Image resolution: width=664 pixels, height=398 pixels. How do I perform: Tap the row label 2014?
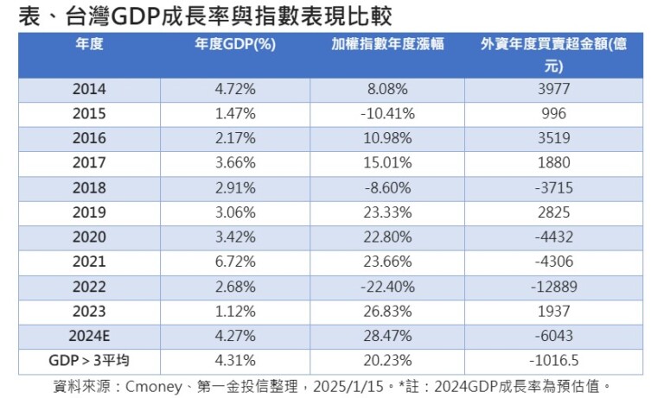(89, 89)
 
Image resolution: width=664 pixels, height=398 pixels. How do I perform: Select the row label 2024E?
(89, 336)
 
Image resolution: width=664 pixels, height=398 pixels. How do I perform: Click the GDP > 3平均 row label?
(90, 360)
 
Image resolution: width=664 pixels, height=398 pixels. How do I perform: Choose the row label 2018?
(89, 187)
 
